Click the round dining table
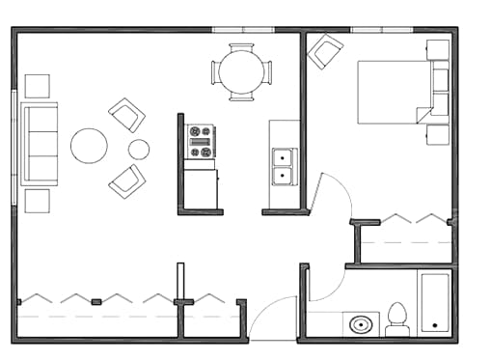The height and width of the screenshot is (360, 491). (241, 71)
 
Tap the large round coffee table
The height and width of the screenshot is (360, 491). (89, 146)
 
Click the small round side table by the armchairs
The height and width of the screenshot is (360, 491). (139, 149)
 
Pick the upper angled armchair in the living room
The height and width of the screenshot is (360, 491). (126, 115)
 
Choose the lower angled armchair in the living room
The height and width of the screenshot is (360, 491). (126, 180)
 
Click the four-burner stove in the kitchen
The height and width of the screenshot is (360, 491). (201, 141)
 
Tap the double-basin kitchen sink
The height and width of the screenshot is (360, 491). (284, 166)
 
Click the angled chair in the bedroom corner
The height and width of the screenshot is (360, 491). (325, 51)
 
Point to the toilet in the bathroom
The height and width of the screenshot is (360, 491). (397, 319)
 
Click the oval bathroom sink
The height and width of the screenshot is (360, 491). (362, 324)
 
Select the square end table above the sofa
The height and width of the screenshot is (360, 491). (37, 86)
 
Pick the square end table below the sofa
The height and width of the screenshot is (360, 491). (37, 201)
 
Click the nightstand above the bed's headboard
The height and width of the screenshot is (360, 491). (438, 49)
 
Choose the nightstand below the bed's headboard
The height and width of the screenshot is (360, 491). (438, 133)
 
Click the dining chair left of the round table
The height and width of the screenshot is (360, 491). (215, 71)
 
